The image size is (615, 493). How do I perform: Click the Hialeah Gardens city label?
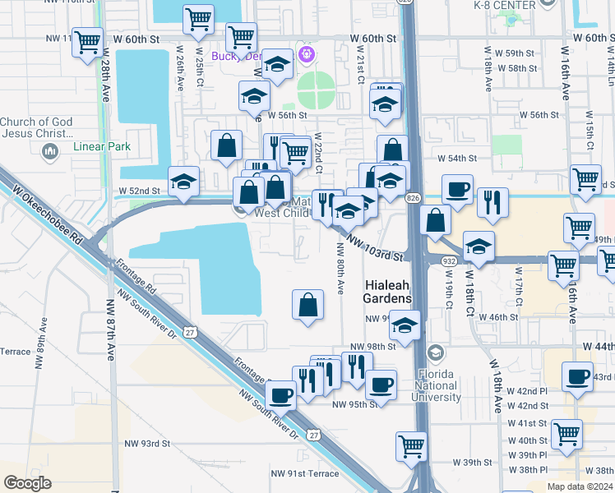coord(387,290)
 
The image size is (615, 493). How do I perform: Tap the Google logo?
coord(27,483)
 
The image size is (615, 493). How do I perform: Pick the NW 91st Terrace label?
coord(304,474)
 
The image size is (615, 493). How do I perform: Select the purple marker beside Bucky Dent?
coord(307,55)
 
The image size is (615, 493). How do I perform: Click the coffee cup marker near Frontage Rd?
coord(281,395)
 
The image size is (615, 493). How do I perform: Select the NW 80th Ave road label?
coord(340,278)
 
